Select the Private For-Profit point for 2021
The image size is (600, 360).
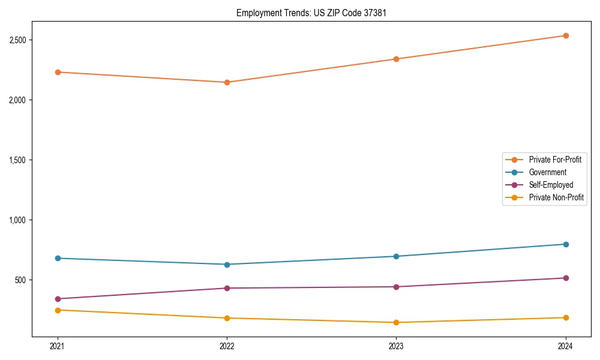58,72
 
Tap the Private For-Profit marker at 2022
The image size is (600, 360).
227,82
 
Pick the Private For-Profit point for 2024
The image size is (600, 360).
566,35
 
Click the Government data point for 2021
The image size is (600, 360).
58,258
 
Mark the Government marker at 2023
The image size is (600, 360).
397,256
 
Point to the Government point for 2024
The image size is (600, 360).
566,244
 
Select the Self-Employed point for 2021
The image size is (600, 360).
58,299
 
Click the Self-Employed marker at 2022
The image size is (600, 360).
227,288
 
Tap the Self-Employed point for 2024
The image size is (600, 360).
566,278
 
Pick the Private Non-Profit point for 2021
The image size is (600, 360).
58,310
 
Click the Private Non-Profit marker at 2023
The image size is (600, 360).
397,322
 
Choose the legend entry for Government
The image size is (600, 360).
547,172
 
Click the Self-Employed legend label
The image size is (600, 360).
551,185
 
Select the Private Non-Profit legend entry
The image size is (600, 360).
556,197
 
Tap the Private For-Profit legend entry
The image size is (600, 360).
555,160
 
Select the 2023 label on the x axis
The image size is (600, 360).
397,346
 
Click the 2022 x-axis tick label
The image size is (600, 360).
227,346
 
